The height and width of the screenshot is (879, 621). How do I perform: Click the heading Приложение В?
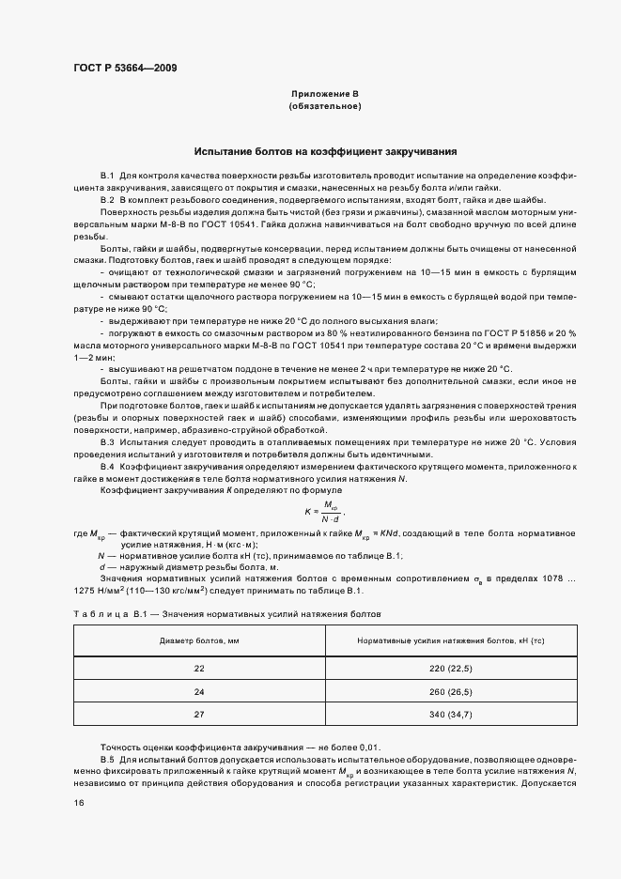pos(325,95)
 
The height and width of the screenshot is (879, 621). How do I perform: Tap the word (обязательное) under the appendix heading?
pos(325,108)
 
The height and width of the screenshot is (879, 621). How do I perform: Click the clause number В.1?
pos(107,176)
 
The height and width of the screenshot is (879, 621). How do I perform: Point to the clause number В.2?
pos(107,201)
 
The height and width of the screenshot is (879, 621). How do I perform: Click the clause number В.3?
pos(107,440)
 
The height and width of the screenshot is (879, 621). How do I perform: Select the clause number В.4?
pos(107,466)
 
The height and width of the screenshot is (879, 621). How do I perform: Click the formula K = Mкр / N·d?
pos(324,511)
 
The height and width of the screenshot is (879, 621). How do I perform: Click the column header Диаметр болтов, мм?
pos(199,641)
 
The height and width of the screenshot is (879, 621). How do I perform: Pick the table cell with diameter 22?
pos(199,668)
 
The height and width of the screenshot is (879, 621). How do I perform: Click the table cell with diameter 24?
pos(199,691)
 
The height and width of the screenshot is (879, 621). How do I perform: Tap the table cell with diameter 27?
pos(199,715)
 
